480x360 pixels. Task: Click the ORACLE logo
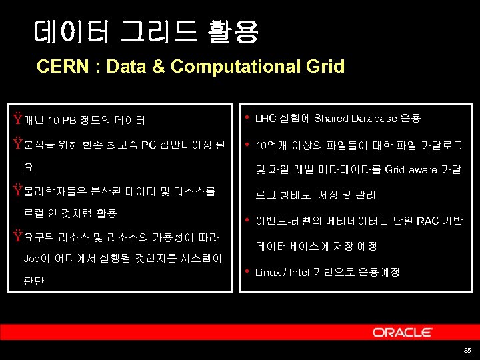click(402, 332)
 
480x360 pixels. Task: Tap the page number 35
click(467, 351)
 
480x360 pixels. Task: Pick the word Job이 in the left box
click(37, 259)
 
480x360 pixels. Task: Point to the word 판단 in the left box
click(33, 281)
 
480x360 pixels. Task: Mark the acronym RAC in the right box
click(427, 221)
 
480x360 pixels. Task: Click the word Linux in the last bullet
click(267, 272)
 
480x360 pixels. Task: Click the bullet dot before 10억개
click(247, 144)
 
